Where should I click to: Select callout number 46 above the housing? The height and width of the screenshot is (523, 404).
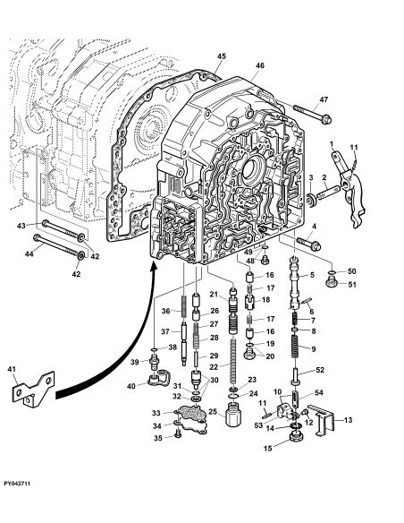[259, 66]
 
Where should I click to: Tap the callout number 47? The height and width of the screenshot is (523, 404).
[324, 99]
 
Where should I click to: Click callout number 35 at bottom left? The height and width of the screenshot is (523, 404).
[156, 439]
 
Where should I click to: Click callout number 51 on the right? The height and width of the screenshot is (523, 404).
[351, 286]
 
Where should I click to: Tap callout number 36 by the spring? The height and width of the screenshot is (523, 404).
[165, 311]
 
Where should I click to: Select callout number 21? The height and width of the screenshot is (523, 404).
[214, 295]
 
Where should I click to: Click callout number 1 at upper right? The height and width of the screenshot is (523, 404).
[331, 144]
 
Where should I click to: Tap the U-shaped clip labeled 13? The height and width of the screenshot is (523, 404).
[325, 421]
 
